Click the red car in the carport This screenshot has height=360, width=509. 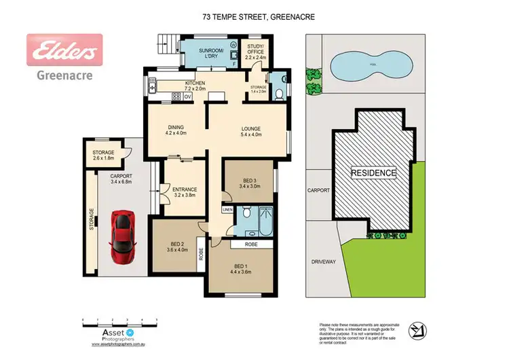tap(123, 229)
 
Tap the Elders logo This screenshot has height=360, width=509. tap(64, 50)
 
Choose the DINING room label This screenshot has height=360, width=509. tap(176, 130)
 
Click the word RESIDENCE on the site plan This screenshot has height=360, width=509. tap(373, 173)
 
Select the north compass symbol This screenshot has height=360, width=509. tap(417, 331)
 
